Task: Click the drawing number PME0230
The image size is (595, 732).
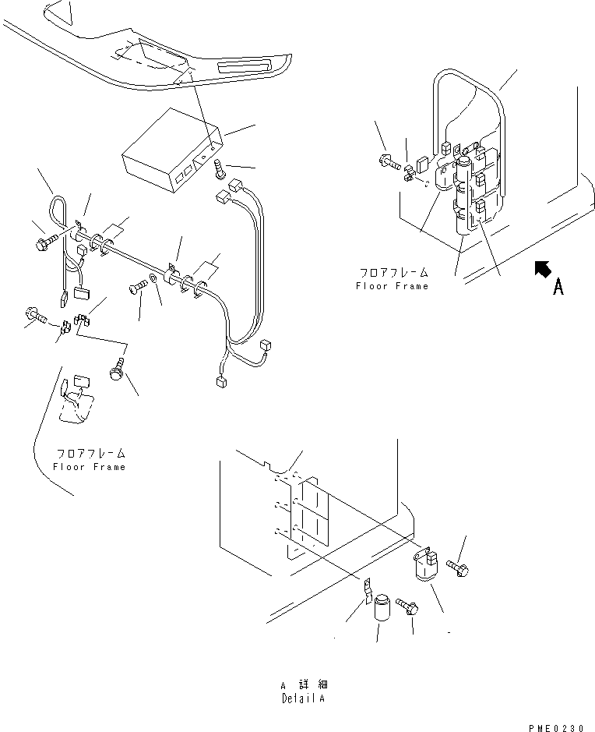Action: pyautogui.click(x=555, y=727)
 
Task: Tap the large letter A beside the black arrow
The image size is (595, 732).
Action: pyautogui.click(x=558, y=288)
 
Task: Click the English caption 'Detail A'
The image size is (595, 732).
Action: pyautogui.click(x=303, y=698)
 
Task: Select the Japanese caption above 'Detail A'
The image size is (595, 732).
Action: pyautogui.click(x=302, y=684)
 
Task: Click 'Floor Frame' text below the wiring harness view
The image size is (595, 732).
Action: pyautogui.click(x=89, y=466)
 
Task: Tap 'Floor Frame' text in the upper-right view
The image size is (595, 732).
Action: pyautogui.click(x=392, y=286)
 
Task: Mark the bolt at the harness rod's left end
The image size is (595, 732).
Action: pyautogui.click(x=44, y=242)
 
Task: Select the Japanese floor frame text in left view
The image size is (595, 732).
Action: pyautogui.click(x=90, y=453)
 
